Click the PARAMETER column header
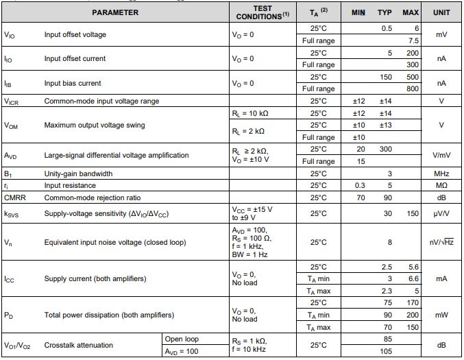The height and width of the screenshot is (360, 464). pyautogui.click(x=115, y=12)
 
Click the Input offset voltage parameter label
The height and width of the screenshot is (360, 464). pyautogui.click(x=75, y=34)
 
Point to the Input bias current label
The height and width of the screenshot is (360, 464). pyautogui.click(x=72, y=84)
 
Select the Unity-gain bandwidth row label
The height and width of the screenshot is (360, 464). pyautogui.click(x=78, y=173)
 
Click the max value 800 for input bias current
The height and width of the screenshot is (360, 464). pyautogui.click(x=411, y=89)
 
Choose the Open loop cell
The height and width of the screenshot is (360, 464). pyautogui.click(x=182, y=339)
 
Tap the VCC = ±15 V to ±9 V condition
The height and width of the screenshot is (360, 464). pyautogui.click(x=251, y=213)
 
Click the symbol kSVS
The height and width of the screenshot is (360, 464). pyautogui.click(x=13, y=214)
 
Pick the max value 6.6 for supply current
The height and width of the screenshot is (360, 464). pyautogui.click(x=411, y=278)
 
